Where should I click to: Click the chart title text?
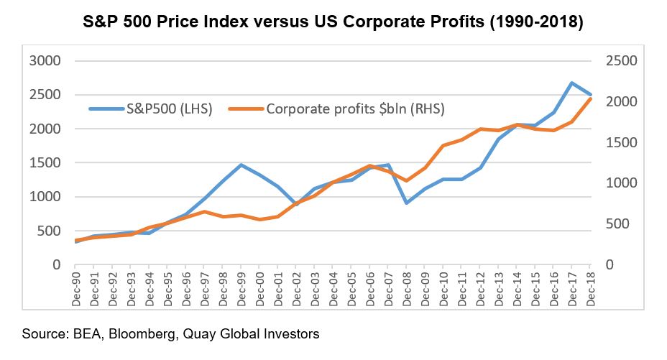333,22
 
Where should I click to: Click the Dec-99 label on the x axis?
240,290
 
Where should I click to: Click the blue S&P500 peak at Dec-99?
241,165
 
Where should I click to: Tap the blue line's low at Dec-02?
295,205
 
